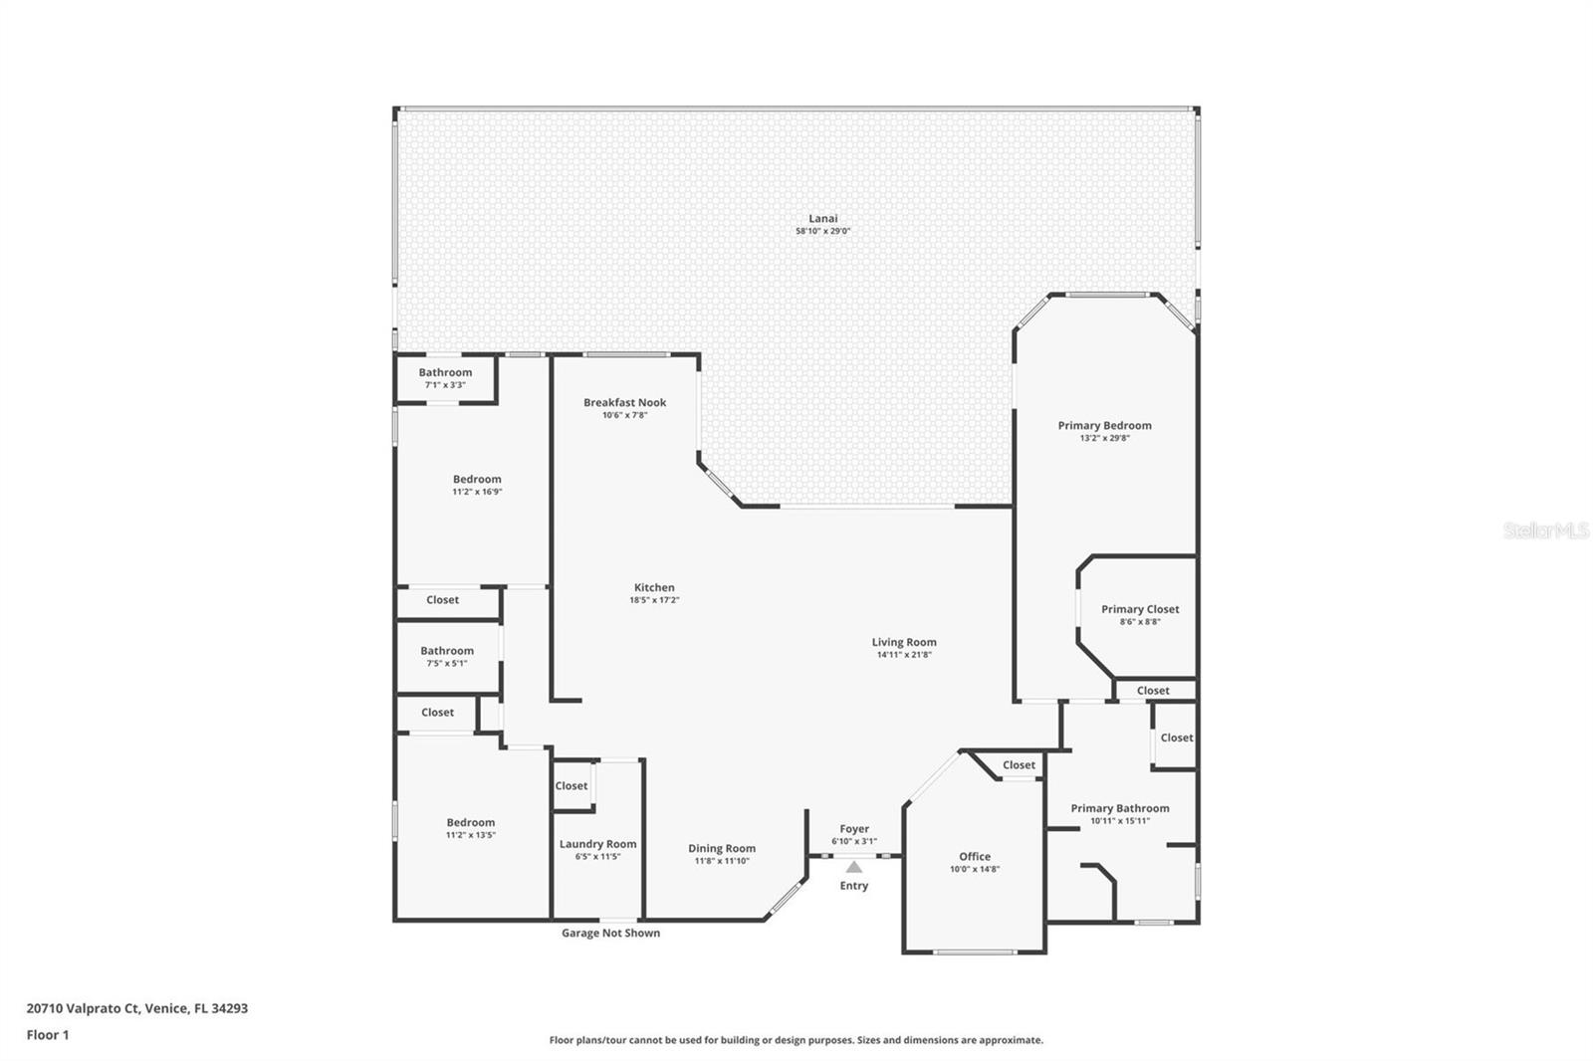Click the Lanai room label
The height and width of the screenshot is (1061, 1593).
pos(822,218)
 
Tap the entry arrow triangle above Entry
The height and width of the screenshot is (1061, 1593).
pos(854,867)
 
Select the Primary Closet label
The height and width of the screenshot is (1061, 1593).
pos(1140,609)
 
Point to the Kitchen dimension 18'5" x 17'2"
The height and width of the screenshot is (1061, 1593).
pos(654,600)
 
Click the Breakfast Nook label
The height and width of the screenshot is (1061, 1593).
pos(624,402)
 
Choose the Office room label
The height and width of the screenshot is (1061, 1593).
pos(975,856)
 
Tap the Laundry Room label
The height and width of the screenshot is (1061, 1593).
pos(597,844)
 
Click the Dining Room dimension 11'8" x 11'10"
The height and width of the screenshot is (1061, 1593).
pos(722,861)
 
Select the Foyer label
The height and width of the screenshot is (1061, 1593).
pos(854,828)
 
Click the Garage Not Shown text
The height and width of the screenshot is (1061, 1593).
pos(610,933)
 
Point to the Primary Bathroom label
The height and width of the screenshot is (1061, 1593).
pos(1120,808)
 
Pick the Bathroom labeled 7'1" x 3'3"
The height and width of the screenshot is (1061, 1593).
pos(445,372)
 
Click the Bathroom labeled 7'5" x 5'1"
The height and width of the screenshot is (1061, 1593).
pos(446,650)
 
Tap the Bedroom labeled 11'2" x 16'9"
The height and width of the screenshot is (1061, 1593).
pos(477,479)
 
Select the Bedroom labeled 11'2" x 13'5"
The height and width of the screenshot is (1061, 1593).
pos(470,822)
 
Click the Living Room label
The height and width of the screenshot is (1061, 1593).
pos(904,642)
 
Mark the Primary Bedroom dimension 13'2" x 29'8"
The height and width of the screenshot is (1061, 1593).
pos(1104,438)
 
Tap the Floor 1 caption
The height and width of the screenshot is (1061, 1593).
pos(48,1034)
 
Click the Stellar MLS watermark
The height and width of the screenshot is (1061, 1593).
pos(1545,530)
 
